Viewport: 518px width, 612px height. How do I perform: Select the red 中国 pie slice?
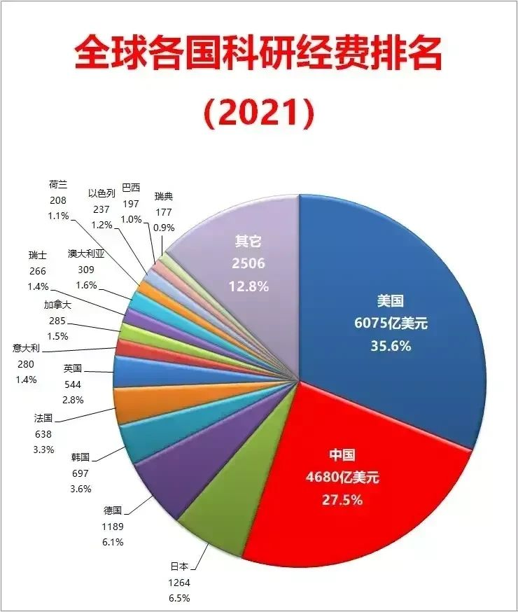tap(350, 483)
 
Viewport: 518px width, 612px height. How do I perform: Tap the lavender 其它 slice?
tap(245, 266)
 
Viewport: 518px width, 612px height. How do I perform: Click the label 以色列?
tap(101, 193)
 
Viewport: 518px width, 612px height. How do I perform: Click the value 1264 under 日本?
tap(180, 583)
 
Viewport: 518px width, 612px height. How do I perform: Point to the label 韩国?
tap(80, 457)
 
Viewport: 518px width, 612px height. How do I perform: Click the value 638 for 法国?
tap(43, 433)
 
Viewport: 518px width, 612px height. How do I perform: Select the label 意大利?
tap(26, 347)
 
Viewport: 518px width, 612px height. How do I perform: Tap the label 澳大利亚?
tap(86, 254)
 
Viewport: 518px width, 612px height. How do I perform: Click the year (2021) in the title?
tap(258, 111)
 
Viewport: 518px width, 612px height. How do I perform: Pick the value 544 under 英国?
tap(72, 384)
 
